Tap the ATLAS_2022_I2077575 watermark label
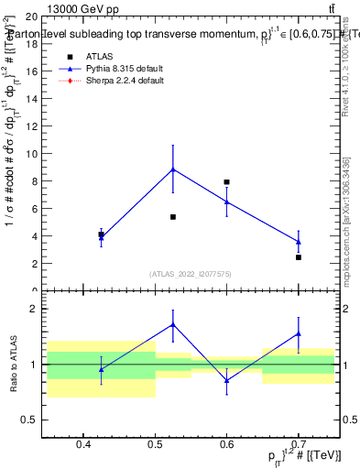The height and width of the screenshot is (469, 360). coord(191,273)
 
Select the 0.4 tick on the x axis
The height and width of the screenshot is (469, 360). coord(83,445)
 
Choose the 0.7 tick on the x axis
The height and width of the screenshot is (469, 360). coord(299,445)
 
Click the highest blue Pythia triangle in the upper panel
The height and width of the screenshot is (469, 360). coord(173,169)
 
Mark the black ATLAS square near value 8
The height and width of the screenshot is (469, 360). coord(226,182)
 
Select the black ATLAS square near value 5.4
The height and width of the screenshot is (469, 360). coord(173,217)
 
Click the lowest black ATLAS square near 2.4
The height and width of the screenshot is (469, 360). coord(299,257)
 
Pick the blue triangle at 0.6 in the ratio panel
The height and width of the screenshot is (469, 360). coord(226,380)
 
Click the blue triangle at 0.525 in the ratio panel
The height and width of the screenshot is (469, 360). coord(173,324)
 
